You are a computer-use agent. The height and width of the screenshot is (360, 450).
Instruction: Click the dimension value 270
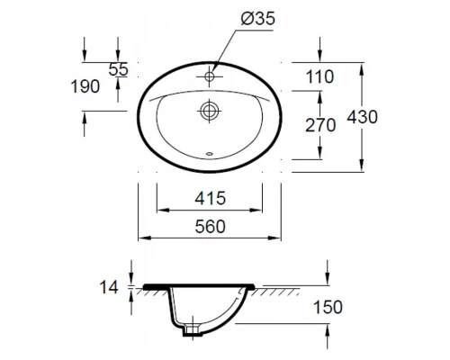coord(319,125)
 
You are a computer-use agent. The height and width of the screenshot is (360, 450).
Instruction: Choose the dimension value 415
coord(209,198)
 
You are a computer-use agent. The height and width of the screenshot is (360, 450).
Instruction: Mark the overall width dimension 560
coord(209,229)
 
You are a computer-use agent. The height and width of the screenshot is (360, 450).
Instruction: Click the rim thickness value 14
coord(108,288)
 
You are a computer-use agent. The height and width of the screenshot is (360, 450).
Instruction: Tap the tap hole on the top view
coord(209,77)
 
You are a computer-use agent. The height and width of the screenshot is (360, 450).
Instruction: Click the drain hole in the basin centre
coord(209,112)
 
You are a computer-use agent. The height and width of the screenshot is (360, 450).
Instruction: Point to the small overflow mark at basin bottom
coord(209,153)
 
